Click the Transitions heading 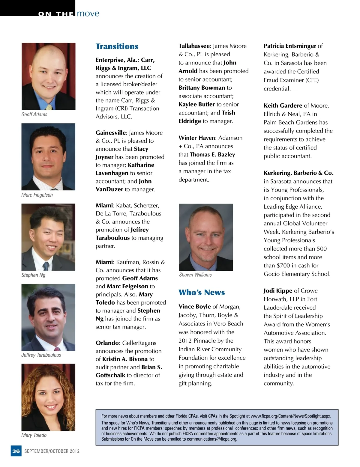(x=117, y=46)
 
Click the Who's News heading (x=202, y=293)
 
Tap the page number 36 (x=16, y=451)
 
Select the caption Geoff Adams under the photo (x=34, y=115)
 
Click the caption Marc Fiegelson (x=37, y=195)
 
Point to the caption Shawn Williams (x=195, y=275)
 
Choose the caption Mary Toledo (x=34, y=435)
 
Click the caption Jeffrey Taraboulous (x=41, y=355)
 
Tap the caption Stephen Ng (x=33, y=275)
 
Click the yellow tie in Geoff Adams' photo (x=49, y=106)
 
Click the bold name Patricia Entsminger (x=290, y=46)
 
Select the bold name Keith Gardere (x=283, y=106)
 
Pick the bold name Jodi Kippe (x=278, y=291)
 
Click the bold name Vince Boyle (x=195, y=307)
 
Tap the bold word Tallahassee (x=194, y=46)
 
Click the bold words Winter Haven (x=197, y=138)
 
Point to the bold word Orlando (x=107, y=343)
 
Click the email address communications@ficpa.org (x=212, y=439)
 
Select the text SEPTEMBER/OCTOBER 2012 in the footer (x=52, y=451)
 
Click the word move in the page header (x=88, y=13)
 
